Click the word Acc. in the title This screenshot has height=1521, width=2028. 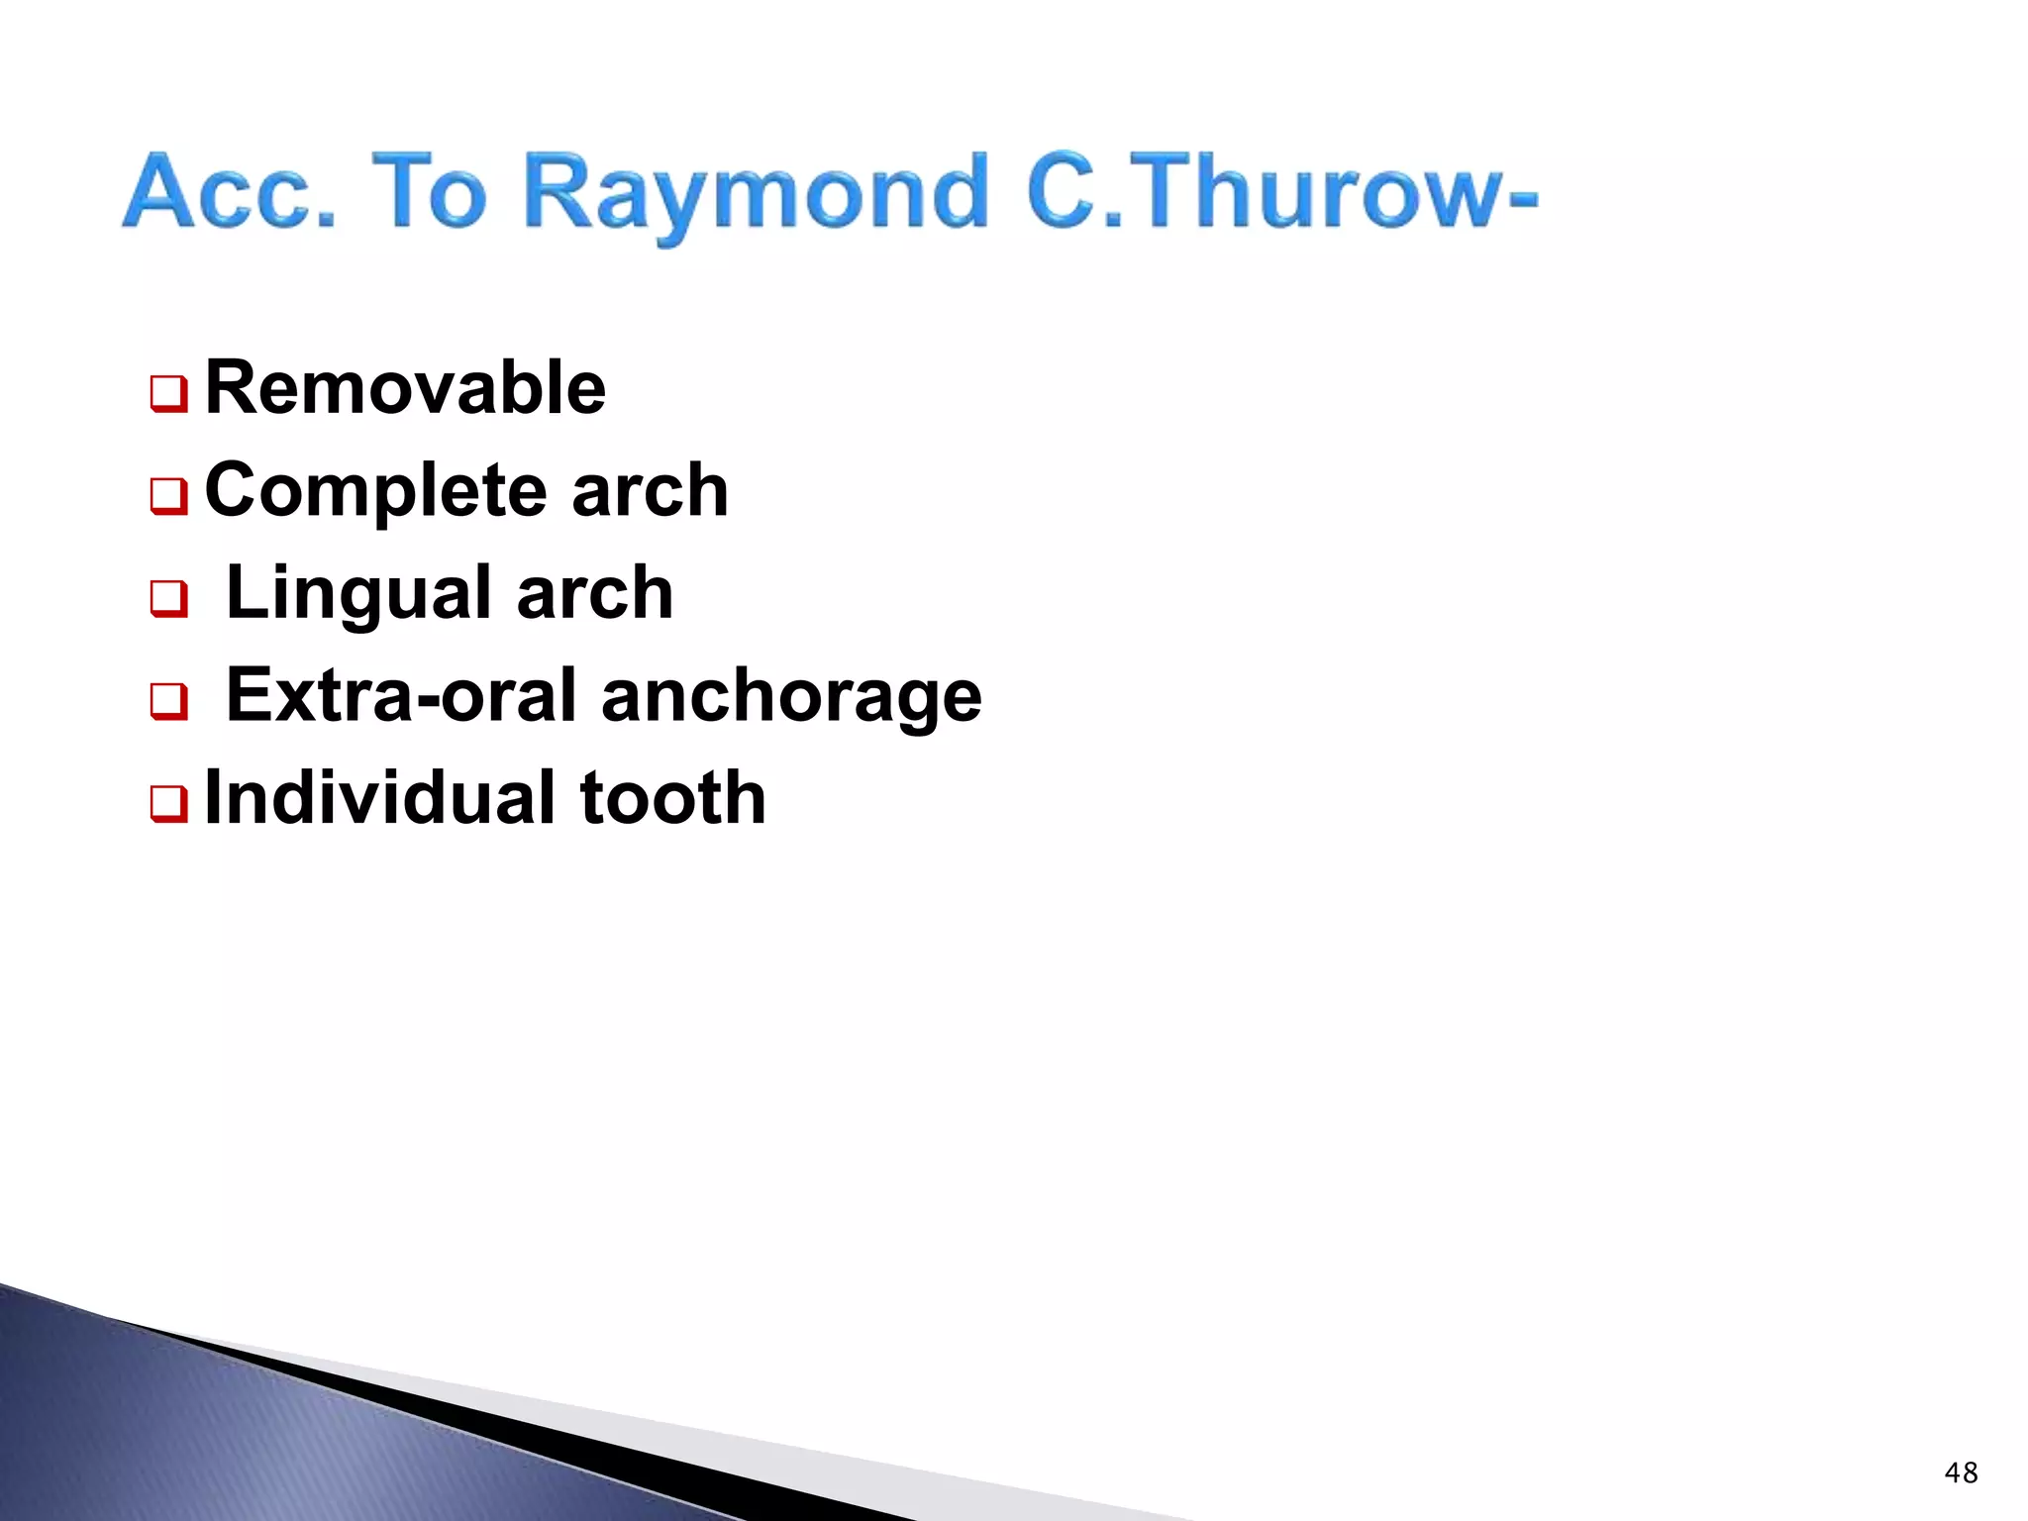point(230,192)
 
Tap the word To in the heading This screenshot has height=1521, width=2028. point(429,192)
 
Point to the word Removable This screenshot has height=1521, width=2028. point(405,388)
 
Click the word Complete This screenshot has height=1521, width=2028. point(375,491)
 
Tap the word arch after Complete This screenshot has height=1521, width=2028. point(650,491)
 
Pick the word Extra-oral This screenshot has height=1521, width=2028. point(403,695)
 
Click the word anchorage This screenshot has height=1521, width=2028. point(791,697)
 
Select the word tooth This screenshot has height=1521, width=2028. point(672,798)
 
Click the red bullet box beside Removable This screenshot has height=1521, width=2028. point(168,394)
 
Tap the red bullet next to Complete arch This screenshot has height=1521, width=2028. point(168,496)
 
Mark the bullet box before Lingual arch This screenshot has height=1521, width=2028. point(168,598)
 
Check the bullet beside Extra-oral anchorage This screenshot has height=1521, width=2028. point(168,701)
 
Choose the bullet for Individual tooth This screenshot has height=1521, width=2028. point(168,803)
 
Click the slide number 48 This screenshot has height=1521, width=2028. point(1960,1472)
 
